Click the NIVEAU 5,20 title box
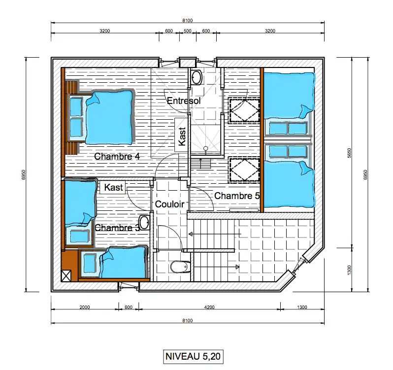coord(193,356)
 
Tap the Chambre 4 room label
coord(117,156)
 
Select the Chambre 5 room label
coord(237,196)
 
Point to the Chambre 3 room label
coord(117,228)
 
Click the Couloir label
coord(170,204)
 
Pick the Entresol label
coord(184,101)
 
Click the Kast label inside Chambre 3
coord(114,187)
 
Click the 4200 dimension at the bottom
coord(209,307)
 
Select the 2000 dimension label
coord(85,307)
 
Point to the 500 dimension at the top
coord(188,31)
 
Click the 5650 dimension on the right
coord(350,153)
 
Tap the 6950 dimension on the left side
coord(23,174)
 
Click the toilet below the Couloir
coord(180,267)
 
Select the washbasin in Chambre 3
coord(144,223)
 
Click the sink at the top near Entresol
coord(196,77)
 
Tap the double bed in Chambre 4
coord(109,118)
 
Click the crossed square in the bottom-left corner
coord(66,276)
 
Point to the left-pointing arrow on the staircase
coord(215,234)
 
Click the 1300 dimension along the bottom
coord(302,307)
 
